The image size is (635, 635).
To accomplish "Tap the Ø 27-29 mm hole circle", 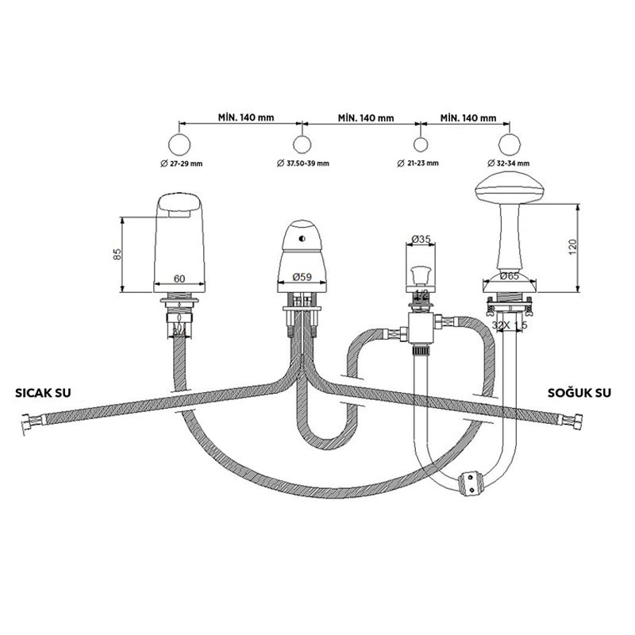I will click(x=181, y=144).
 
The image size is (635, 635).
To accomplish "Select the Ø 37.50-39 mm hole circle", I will click(x=302, y=144).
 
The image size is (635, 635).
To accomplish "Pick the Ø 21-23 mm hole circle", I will click(x=421, y=144).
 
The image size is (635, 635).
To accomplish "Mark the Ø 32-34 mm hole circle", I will click(x=509, y=144).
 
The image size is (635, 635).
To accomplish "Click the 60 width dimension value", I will click(x=179, y=279).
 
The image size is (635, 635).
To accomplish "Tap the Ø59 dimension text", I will click(x=301, y=278).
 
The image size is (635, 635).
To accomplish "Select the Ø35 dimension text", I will click(x=421, y=237).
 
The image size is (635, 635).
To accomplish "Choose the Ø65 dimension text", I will click(x=509, y=277).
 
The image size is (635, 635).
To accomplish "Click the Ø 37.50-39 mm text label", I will click(x=303, y=164).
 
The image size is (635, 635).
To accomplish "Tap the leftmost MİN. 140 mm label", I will click(x=246, y=117).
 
